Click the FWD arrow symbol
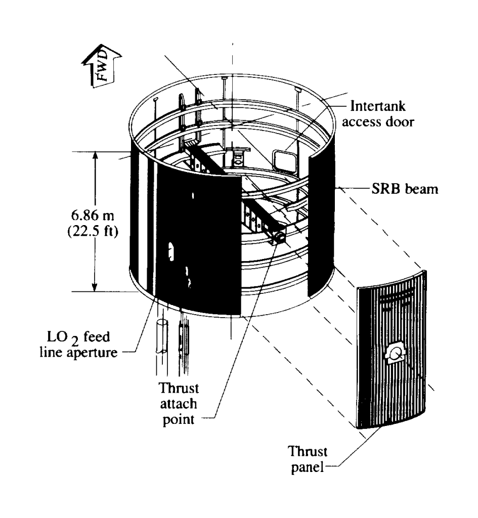click(102, 66)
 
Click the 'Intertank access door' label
click(377, 114)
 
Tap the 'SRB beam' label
click(405, 189)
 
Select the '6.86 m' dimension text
click(93, 215)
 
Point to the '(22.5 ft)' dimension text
click(93, 231)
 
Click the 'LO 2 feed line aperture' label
click(78, 344)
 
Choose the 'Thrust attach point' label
click(179, 404)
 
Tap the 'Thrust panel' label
click(307, 459)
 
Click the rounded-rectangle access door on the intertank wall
click(285, 161)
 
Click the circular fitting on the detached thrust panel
click(395, 355)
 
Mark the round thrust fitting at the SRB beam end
click(279, 237)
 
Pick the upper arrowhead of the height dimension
click(95, 156)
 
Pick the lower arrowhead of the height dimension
click(95, 287)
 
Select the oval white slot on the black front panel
click(171, 252)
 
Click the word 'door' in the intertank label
click(400, 122)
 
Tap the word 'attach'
click(179, 404)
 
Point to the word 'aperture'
click(92, 353)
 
